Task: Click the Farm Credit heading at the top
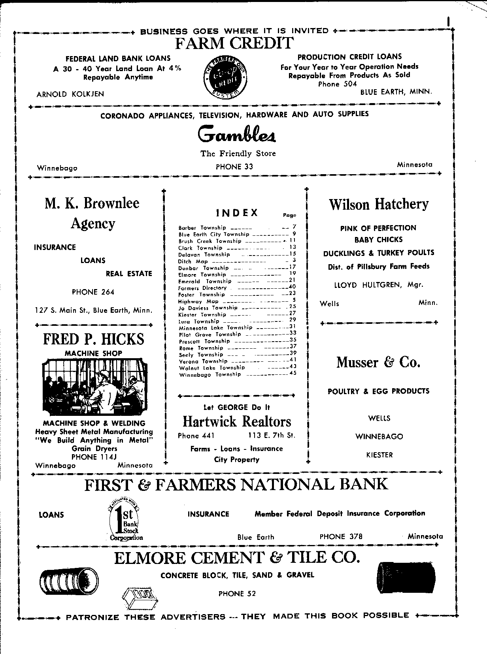click(234, 43)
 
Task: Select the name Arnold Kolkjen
click(70, 94)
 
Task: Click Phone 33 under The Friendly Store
click(234, 167)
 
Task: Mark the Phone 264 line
click(93, 292)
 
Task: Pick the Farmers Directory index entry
click(202, 288)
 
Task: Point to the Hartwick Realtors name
click(237, 422)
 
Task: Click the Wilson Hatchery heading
click(378, 204)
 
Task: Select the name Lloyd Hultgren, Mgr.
click(378, 285)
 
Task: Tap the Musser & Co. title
click(378, 362)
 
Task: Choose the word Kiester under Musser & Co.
click(379, 455)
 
